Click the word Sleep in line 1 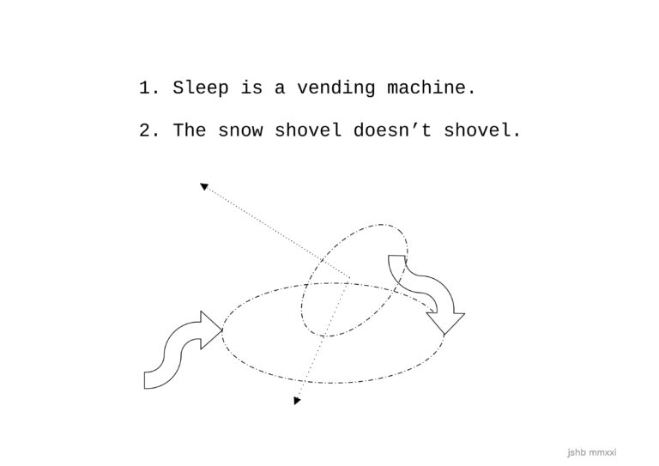click(201, 88)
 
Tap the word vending click(336, 88)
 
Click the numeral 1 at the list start click(145, 88)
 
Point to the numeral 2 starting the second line click(145, 130)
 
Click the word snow click(240, 130)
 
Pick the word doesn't click(392, 130)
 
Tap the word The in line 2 click(190, 130)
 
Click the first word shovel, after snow click(308, 130)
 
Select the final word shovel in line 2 click(478, 130)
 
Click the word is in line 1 click(251, 88)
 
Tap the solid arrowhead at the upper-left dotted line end click(204, 186)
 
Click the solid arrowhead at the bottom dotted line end click(297, 401)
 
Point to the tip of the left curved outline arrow click(222, 330)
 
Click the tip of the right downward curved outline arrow click(444, 335)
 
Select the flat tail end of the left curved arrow click(144, 380)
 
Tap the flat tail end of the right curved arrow click(396, 256)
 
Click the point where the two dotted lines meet click(350, 277)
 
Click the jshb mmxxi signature click(592, 452)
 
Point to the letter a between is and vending click(280, 88)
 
